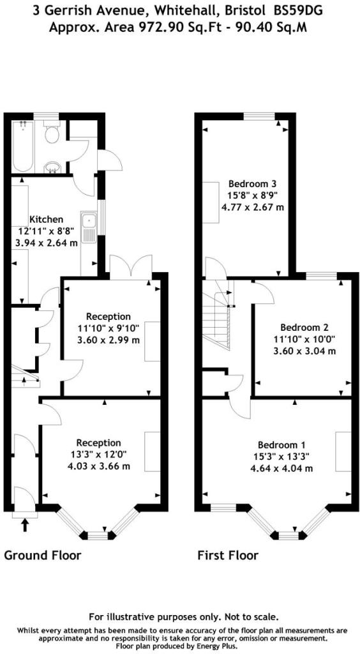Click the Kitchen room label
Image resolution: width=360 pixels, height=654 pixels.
click(x=46, y=220)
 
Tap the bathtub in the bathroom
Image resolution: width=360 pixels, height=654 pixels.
click(x=22, y=146)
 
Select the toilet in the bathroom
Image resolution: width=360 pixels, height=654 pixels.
click(x=52, y=132)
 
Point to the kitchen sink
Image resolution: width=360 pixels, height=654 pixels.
click(x=89, y=227)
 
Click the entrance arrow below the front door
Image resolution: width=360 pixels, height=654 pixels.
click(x=25, y=525)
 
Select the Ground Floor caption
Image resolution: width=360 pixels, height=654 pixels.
click(x=43, y=556)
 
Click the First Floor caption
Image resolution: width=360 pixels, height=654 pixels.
click(x=228, y=556)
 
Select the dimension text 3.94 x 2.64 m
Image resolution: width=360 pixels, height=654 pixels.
click(x=47, y=243)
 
